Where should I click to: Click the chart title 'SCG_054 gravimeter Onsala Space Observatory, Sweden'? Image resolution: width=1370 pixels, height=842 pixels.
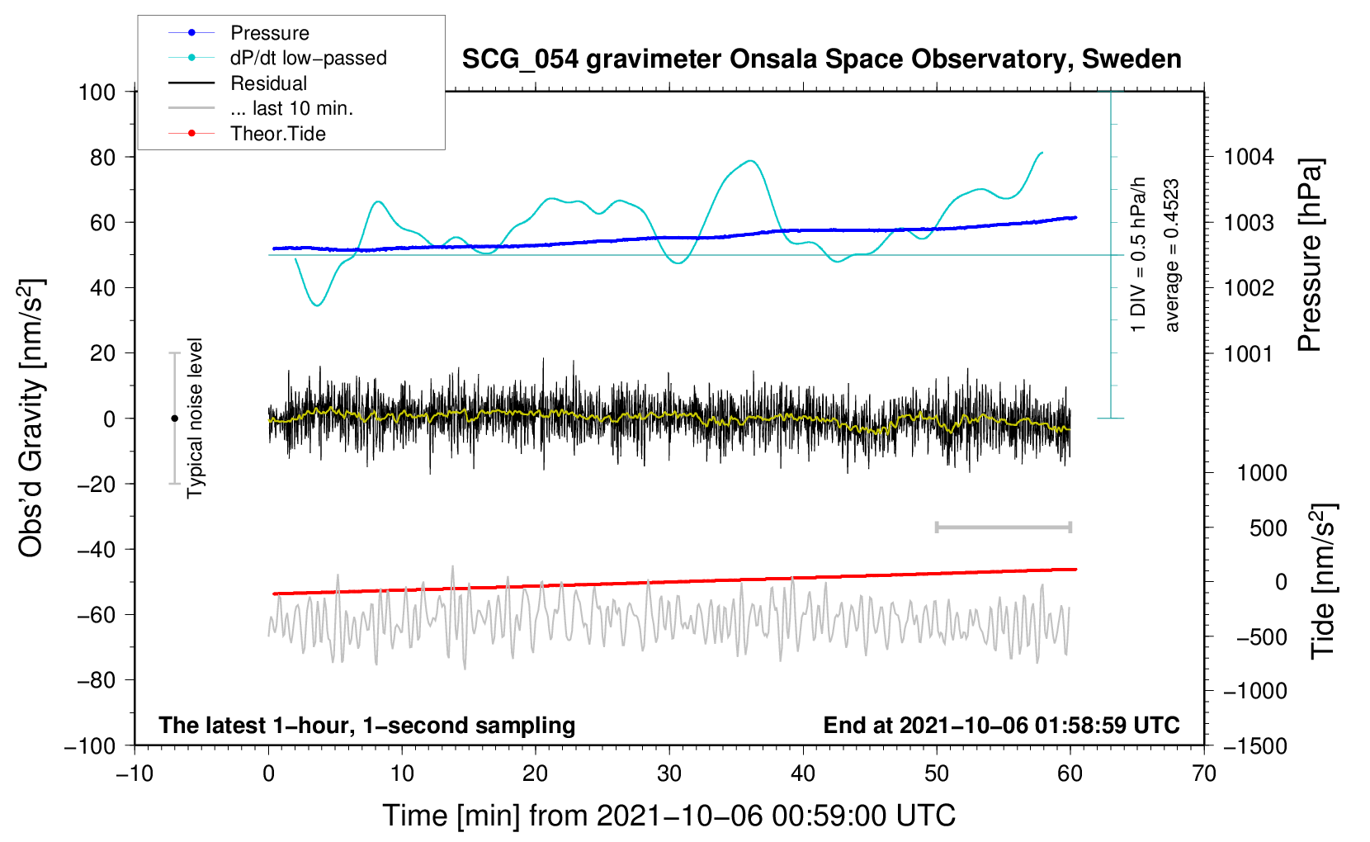821,59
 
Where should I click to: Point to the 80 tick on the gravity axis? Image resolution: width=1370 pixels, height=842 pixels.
102,158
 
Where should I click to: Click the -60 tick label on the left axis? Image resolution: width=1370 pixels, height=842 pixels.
96,614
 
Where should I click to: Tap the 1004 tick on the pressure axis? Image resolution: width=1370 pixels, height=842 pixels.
1249,158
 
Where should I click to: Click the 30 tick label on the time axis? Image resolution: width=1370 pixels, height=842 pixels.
669,774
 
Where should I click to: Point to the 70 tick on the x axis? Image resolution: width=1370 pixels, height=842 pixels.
1203,774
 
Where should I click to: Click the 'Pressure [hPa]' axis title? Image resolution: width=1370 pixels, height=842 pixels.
1310,255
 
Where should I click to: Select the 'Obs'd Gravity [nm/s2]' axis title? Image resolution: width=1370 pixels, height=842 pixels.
31,418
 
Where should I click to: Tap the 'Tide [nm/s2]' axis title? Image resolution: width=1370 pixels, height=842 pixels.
1323,581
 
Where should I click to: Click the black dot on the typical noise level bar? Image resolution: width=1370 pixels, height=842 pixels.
174,419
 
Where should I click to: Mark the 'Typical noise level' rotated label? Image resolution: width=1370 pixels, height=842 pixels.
195,418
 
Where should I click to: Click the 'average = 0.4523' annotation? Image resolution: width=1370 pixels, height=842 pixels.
1171,256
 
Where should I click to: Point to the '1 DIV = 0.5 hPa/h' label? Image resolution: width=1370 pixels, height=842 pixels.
1137,255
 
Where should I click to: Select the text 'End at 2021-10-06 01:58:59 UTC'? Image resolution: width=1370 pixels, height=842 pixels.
1001,725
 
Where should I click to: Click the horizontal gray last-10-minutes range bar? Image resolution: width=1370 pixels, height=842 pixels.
1003,527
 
